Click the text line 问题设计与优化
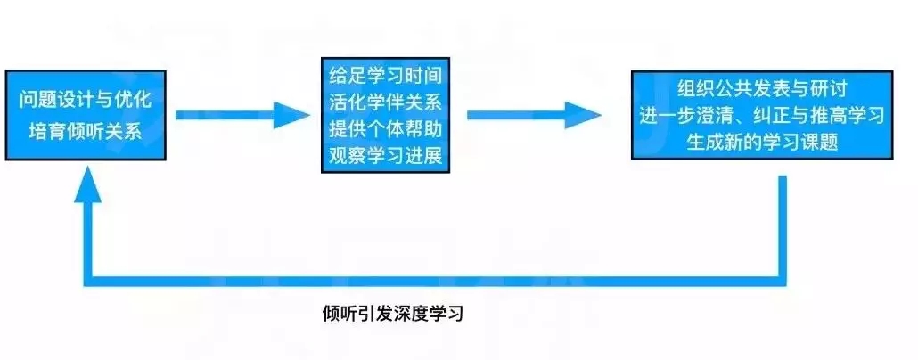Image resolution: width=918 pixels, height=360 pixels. (x=86, y=100)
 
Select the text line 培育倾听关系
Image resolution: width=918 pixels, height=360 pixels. (x=80, y=131)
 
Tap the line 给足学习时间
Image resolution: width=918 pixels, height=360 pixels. (x=385, y=76)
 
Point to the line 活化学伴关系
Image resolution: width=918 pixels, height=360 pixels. (x=385, y=103)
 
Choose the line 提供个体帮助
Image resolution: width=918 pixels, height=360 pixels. (x=385, y=129)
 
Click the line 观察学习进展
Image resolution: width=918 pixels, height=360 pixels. (x=385, y=156)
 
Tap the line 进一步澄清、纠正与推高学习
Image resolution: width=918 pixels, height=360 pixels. (x=762, y=116)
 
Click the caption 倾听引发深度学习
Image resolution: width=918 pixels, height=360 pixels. (x=393, y=315)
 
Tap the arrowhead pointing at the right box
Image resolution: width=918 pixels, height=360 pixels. (x=583, y=115)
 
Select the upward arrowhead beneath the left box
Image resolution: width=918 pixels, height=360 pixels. (x=88, y=184)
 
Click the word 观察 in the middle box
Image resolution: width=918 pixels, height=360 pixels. (x=348, y=156)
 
